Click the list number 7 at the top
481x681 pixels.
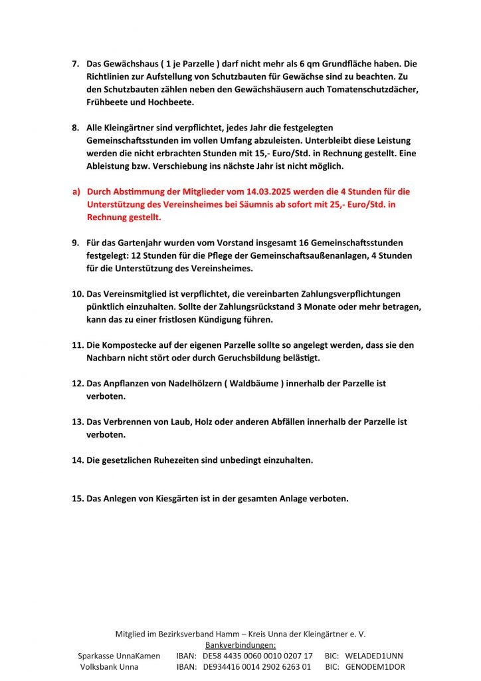point(74,64)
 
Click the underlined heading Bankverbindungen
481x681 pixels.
point(241,645)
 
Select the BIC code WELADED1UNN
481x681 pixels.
point(374,656)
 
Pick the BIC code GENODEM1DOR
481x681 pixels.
point(375,667)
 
